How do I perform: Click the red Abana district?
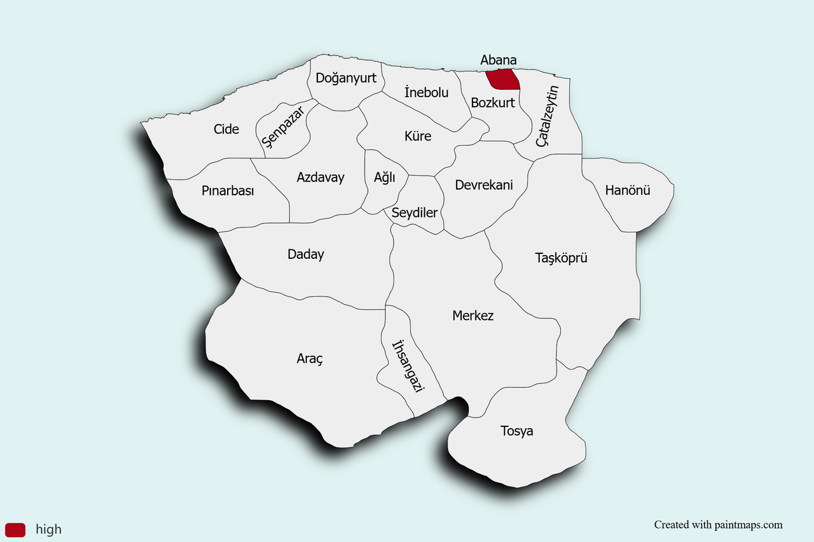[502, 80]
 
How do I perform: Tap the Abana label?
[498, 60]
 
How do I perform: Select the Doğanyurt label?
[346, 78]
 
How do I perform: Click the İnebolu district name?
[426, 92]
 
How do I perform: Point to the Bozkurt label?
[493, 102]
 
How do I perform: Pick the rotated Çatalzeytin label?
[547, 116]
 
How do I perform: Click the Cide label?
[226, 129]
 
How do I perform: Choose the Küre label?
[418, 136]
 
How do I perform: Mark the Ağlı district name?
[385, 177]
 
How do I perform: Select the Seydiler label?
[415, 212]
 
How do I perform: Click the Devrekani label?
[484, 185]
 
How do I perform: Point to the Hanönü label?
[628, 190]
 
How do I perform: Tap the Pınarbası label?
[228, 191]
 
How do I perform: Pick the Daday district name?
[306, 254]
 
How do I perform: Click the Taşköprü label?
[561, 258]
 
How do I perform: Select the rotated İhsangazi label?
[408, 366]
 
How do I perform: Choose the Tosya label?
[517, 431]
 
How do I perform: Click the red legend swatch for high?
[15, 529]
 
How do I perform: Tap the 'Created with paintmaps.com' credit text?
[718, 525]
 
